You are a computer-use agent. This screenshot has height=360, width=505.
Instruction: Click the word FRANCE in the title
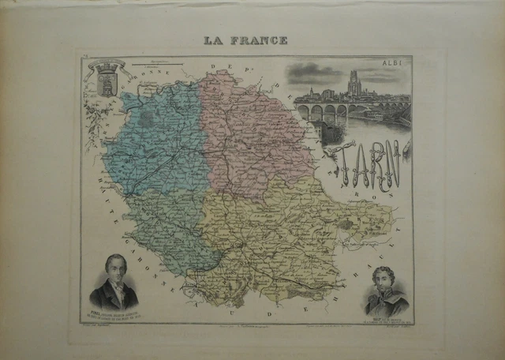260,40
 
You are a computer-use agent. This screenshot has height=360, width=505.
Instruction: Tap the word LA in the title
212,40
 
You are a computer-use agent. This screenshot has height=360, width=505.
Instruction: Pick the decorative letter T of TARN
338,162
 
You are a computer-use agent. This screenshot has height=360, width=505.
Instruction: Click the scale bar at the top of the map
158,60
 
